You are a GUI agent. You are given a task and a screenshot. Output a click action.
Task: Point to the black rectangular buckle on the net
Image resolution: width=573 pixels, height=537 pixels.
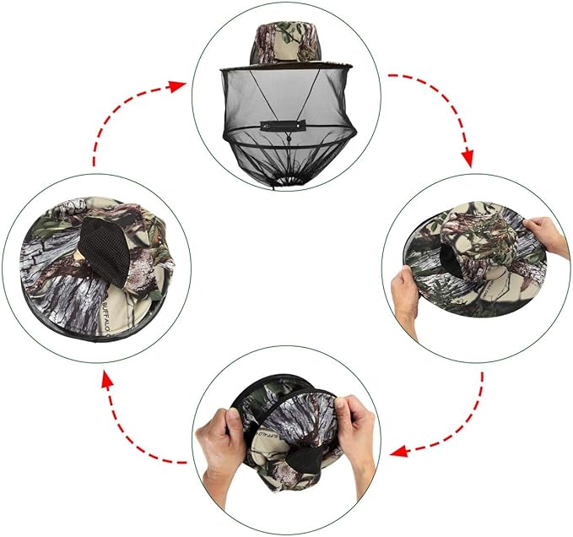284,125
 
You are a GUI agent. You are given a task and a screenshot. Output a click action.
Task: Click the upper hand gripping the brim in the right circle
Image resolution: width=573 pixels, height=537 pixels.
544,236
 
